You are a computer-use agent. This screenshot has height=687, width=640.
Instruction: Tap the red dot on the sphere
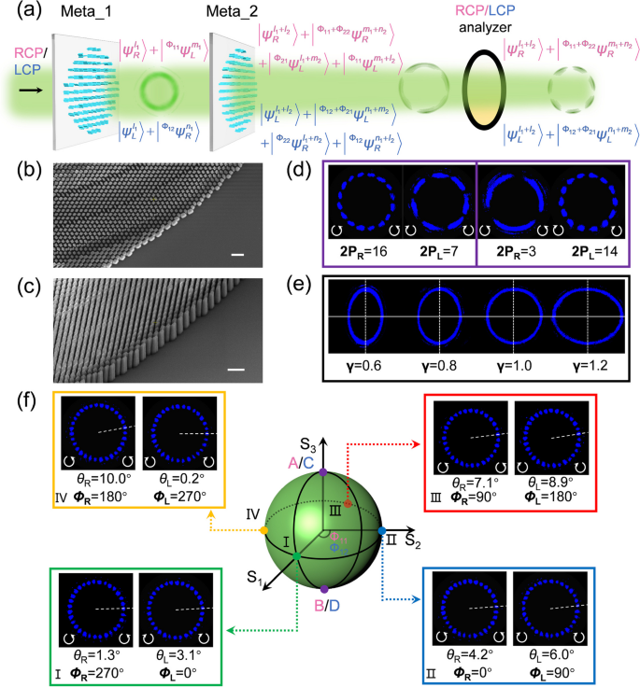[x=347, y=503]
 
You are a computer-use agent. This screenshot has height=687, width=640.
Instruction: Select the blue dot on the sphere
[x=382, y=531]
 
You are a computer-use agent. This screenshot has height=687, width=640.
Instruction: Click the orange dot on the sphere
[x=264, y=532]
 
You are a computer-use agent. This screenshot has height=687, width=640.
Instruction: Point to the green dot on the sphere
[x=296, y=556]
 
